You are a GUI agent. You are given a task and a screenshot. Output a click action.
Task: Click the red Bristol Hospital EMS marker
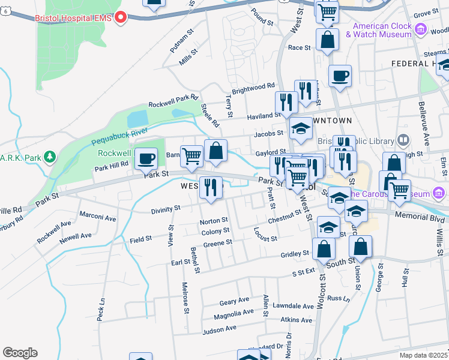pyautogui.click(x=121, y=18)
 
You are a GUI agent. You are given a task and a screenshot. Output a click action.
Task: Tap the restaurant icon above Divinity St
pyautogui.click(x=210, y=187)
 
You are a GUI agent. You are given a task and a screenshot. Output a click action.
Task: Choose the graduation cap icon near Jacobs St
pyautogui.click(x=301, y=128)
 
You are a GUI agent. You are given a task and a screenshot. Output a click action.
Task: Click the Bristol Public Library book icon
pyautogui.click(x=403, y=141)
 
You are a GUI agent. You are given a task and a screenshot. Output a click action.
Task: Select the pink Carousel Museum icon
pyautogui.click(x=439, y=193)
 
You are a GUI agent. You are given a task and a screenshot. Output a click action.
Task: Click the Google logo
pyautogui.click(x=20, y=353)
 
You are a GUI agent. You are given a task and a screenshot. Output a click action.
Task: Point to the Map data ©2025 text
pyautogui.click(x=423, y=355)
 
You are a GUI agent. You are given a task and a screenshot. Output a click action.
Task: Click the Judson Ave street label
pyautogui.click(x=220, y=328)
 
